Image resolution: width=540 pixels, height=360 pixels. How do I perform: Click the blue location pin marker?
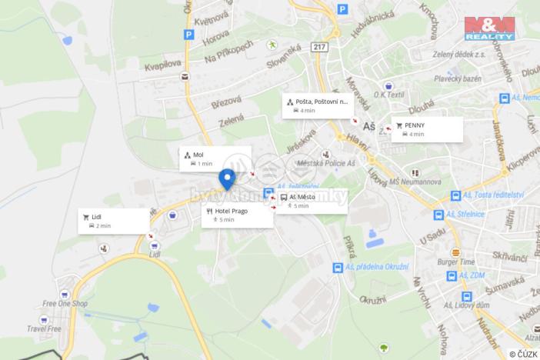pos(227,178)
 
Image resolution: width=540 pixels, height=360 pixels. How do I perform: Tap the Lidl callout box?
pos(114,221)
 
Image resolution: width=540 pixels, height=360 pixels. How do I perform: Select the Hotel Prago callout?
pos(238,215)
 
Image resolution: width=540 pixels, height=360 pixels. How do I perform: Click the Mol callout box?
pos(215,158)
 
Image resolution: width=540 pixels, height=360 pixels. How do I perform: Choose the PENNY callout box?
pos(427,129)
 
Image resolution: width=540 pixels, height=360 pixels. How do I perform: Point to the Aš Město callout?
pos(311,202)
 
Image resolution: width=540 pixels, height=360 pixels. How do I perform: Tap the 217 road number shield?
pos(319,46)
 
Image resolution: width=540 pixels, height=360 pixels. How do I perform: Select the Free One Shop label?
pos(65,304)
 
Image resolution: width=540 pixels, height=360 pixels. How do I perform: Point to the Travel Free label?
pos(44,328)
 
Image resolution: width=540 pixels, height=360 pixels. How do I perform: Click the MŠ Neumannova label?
pos(415,182)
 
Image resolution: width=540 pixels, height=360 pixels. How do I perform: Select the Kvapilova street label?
pos(162,66)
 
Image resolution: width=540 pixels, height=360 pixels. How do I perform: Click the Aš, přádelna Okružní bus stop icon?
pos(338,268)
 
